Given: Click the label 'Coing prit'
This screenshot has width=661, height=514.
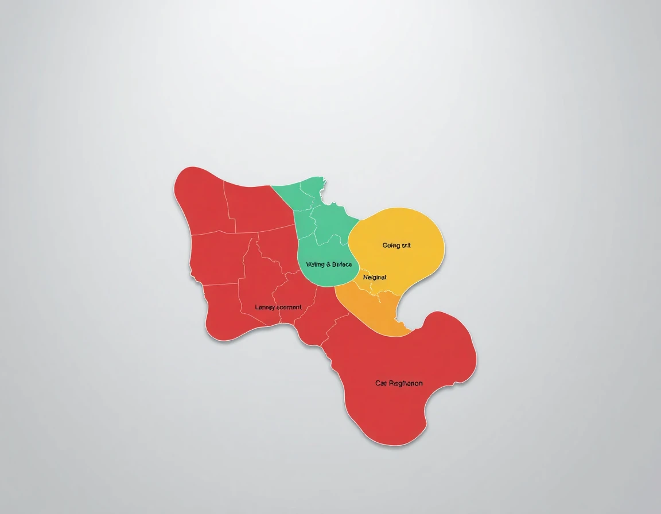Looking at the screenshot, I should pos(396,246).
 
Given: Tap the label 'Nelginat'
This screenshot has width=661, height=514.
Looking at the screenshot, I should pos(375,277).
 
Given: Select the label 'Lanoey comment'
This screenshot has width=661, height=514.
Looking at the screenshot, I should pos(278,307).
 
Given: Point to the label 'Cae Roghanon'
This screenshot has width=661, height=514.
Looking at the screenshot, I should pos(399,383).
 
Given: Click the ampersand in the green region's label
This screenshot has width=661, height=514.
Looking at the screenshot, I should pos(329,264).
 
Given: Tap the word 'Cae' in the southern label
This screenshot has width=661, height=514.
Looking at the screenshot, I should pos(381,383).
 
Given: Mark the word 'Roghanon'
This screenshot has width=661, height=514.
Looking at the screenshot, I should pos(406,383).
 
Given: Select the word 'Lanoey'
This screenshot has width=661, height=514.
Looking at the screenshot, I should pos(265,307).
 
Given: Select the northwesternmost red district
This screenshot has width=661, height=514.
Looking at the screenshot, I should pos(201,201).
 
